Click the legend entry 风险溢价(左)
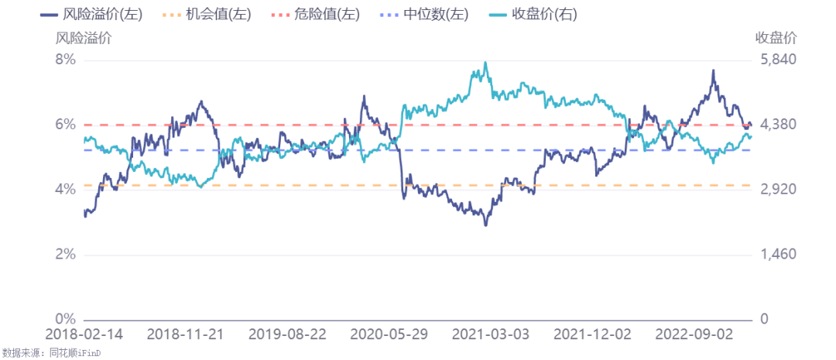click(91, 15)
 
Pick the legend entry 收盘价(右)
click(533, 15)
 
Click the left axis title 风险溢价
click(84, 39)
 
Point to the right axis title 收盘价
click(776, 39)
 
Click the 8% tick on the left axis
click(66, 60)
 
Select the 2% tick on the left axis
click(66, 255)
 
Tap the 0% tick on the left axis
click(66, 320)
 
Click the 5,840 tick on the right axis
click(777, 60)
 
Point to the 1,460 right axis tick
click(777, 255)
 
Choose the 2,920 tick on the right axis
click(777, 190)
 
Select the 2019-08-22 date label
click(287, 335)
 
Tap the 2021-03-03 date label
click(491, 335)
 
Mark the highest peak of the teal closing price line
click(485, 62)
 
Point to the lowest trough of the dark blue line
click(485, 225)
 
